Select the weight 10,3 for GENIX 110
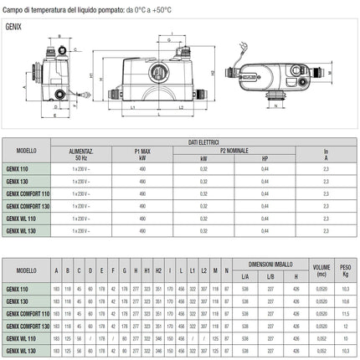coord(342,288)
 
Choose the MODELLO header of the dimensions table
coord(24,270)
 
